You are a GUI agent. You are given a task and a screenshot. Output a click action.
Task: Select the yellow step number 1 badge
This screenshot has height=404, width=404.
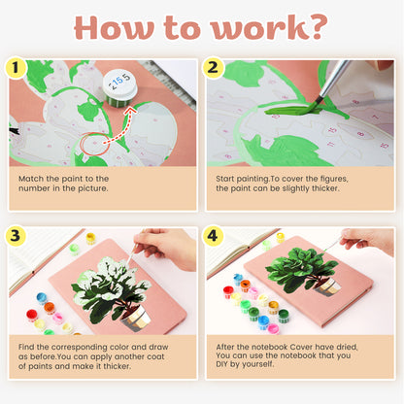(x=17, y=68)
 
